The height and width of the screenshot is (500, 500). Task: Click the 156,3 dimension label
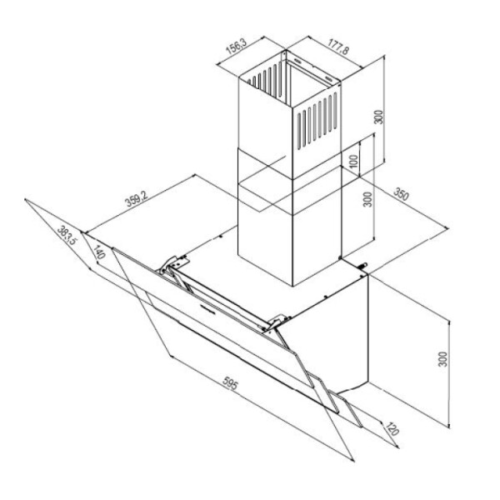(x=237, y=46)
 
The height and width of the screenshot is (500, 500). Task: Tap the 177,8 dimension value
(x=338, y=47)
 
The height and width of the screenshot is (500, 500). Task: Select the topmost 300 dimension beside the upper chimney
(x=378, y=117)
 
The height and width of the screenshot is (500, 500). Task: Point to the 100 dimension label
(x=354, y=162)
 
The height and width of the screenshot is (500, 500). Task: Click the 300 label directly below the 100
(x=367, y=199)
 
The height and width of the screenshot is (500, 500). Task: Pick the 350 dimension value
(x=401, y=194)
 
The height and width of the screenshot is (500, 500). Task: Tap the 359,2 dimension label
(x=137, y=199)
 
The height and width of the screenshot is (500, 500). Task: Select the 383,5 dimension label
(x=67, y=235)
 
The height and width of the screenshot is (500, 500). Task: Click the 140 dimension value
(x=99, y=252)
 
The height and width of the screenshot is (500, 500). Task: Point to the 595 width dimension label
(x=230, y=383)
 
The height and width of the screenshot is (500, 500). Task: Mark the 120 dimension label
(x=392, y=429)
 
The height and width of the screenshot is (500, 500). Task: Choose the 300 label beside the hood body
(x=443, y=359)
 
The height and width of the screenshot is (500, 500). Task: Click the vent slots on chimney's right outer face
(x=317, y=121)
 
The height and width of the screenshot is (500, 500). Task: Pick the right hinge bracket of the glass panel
(x=277, y=322)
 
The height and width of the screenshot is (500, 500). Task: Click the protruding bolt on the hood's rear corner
(x=363, y=265)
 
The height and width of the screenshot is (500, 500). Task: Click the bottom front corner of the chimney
(x=292, y=286)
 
